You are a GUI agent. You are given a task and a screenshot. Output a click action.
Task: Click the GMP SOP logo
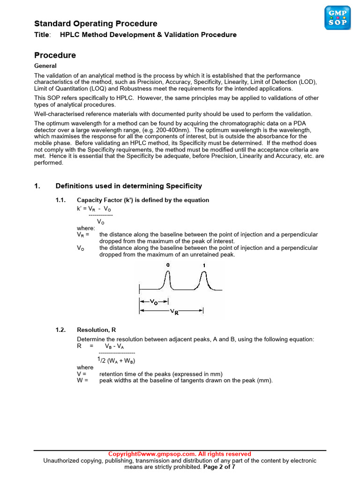[x=337, y=17]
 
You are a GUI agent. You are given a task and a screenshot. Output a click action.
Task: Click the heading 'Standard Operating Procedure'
[x=96, y=24]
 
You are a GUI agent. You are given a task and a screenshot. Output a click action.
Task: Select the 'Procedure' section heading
[x=55, y=55]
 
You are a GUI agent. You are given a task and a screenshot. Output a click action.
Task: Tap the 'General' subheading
[x=45, y=66]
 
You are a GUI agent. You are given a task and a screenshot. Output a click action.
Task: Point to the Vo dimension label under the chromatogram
[x=153, y=302]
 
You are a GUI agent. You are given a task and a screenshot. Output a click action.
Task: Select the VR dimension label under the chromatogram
[x=173, y=311]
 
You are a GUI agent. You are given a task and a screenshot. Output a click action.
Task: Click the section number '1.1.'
[x=62, y=200]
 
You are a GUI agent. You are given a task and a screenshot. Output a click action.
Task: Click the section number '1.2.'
[x=62, y=330]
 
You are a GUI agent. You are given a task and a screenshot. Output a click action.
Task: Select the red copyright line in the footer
[x=180, y=454]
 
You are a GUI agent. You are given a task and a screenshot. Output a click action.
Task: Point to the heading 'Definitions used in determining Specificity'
[x=129, y=186]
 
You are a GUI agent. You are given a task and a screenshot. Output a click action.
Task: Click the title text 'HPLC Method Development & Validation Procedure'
[x=148, y=35]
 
